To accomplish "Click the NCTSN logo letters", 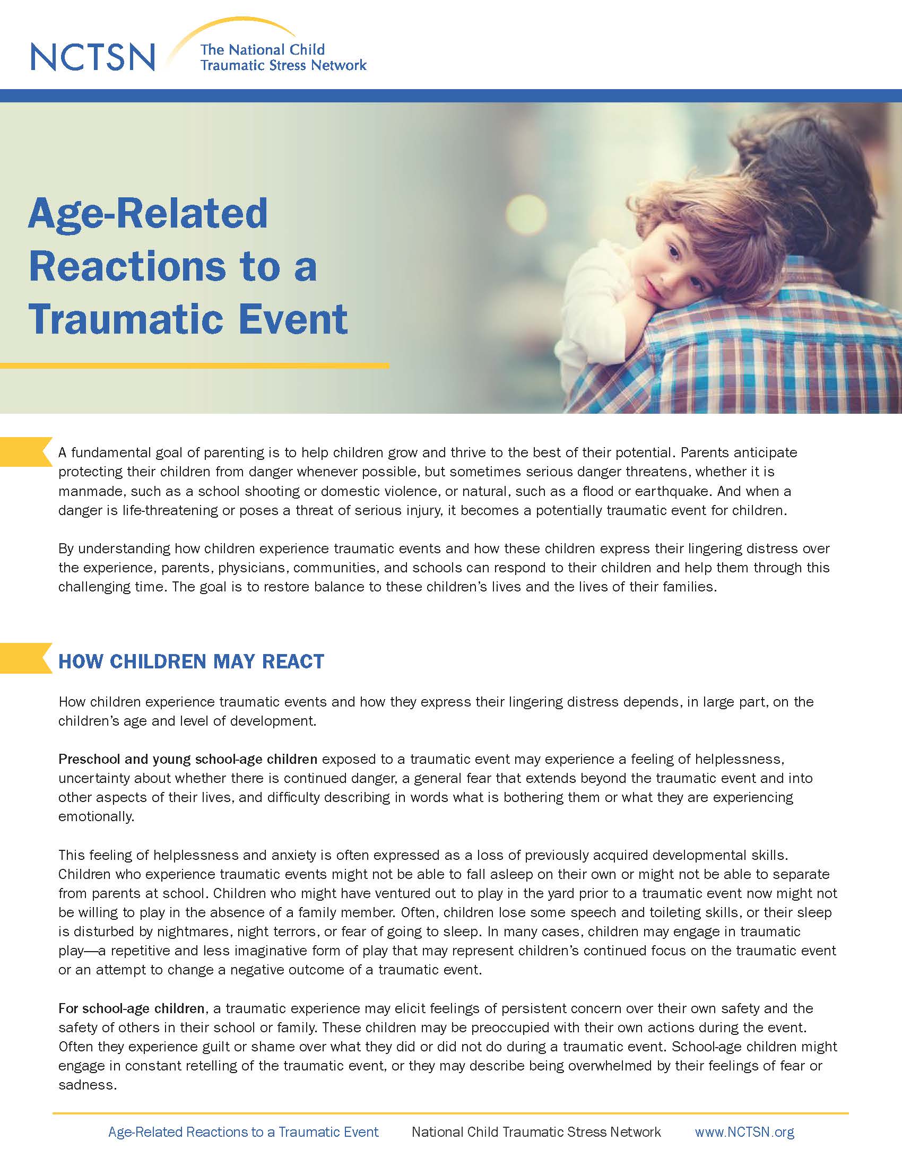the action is coord(93,57).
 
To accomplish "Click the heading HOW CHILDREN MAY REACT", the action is coord(192,661).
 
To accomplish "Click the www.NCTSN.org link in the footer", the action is coord(744,1132).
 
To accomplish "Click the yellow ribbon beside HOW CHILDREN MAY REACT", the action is coord(25,658).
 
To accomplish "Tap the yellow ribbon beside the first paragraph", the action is coord(25,451).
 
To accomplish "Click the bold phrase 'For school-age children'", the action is coord(132,1008).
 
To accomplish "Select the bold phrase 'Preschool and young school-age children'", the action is coord(187,759).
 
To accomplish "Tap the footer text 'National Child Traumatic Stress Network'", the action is coord(536,1132).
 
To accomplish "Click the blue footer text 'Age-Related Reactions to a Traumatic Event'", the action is coord(243,1132).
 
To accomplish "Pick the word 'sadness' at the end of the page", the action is coord(87,1085).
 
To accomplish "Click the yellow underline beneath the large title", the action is coord(195,366).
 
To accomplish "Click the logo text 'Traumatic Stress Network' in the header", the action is coord(283,66).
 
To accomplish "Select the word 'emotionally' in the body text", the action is coord(96,817).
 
